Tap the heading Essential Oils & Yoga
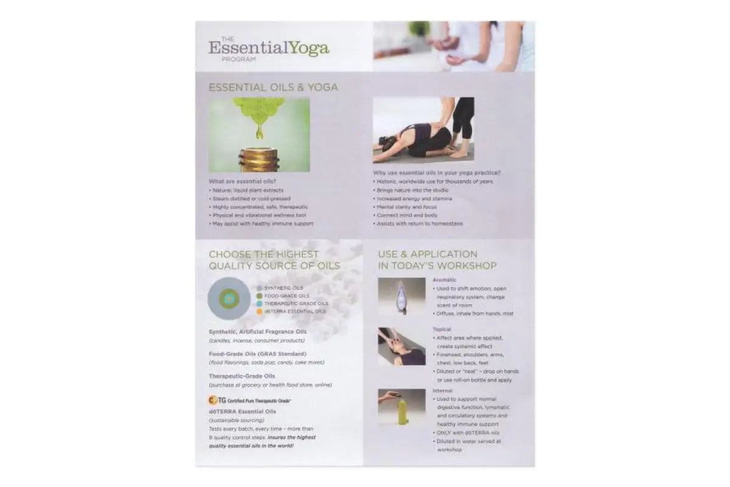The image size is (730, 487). click(273, 87)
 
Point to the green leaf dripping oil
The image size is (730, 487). click(259, 109)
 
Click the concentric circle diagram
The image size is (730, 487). click(229, 298)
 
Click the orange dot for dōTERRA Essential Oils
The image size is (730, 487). click(259, 311)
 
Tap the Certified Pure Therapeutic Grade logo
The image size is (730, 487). click(249, 401)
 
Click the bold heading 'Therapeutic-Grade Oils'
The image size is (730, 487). click(242, 376)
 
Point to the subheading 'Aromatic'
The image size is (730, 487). click(444, 279)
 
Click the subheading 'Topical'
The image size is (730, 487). click(442, 329)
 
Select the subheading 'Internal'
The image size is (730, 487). click(442, 390)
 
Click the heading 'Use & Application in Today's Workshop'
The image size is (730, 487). click(437, 260)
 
